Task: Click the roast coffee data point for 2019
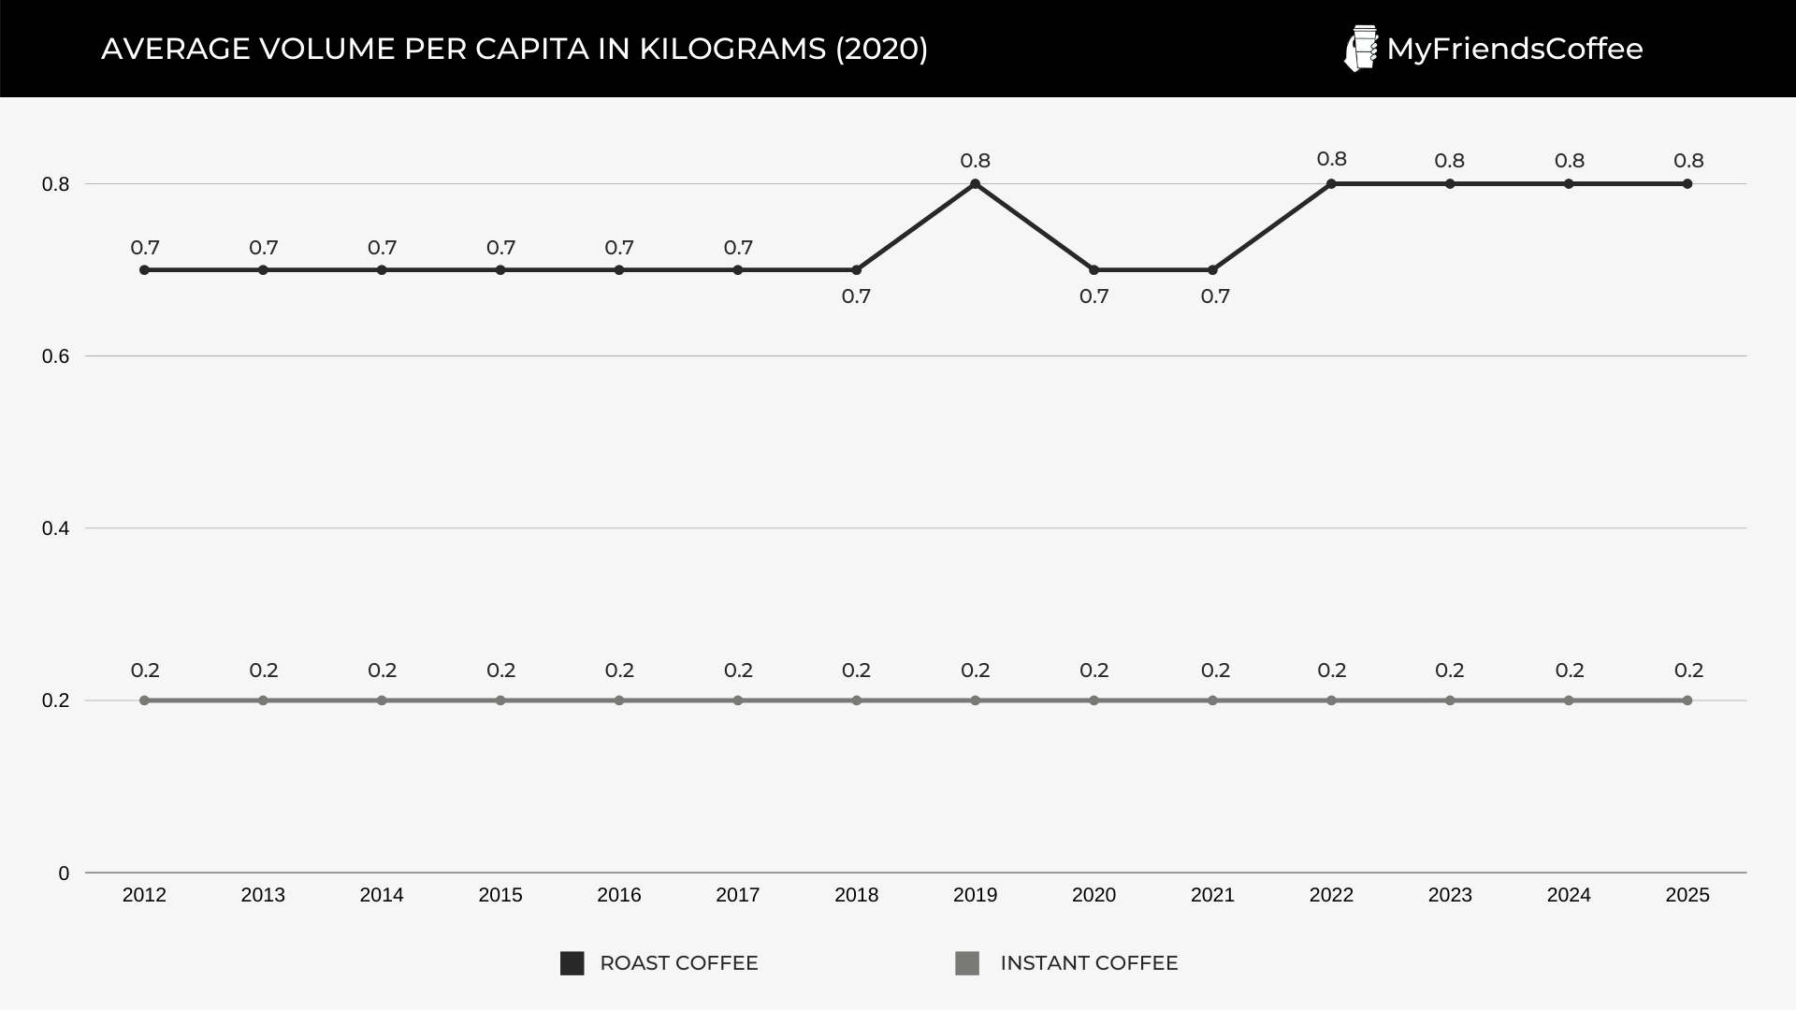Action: (x=975, y=184)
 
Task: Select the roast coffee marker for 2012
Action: (x=144, y=270)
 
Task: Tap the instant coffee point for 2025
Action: (x=1687, y=700)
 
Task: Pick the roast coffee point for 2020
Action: (x=1094, y=270)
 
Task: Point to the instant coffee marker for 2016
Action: (x=619, y=700)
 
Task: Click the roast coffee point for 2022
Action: (x=1331, y=184)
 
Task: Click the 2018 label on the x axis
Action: (x=856, y=895)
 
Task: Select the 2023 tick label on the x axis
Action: (x=1450, y=895)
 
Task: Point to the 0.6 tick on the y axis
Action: (x=56, y=356)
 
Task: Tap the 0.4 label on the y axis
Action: (x=56, y=528)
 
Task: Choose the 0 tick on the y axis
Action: (x=64, y=873)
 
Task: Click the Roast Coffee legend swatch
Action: (x=572, y=963)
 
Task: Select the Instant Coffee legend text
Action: (x=1089, y=963)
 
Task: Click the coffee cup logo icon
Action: (x=1361, y=49)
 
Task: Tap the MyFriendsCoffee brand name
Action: (x=1514, y=49)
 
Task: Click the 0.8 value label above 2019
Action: (x=975, y=161)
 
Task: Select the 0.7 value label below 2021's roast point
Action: (x=1215, y=296)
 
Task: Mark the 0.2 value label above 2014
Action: (x=382, y=671)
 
